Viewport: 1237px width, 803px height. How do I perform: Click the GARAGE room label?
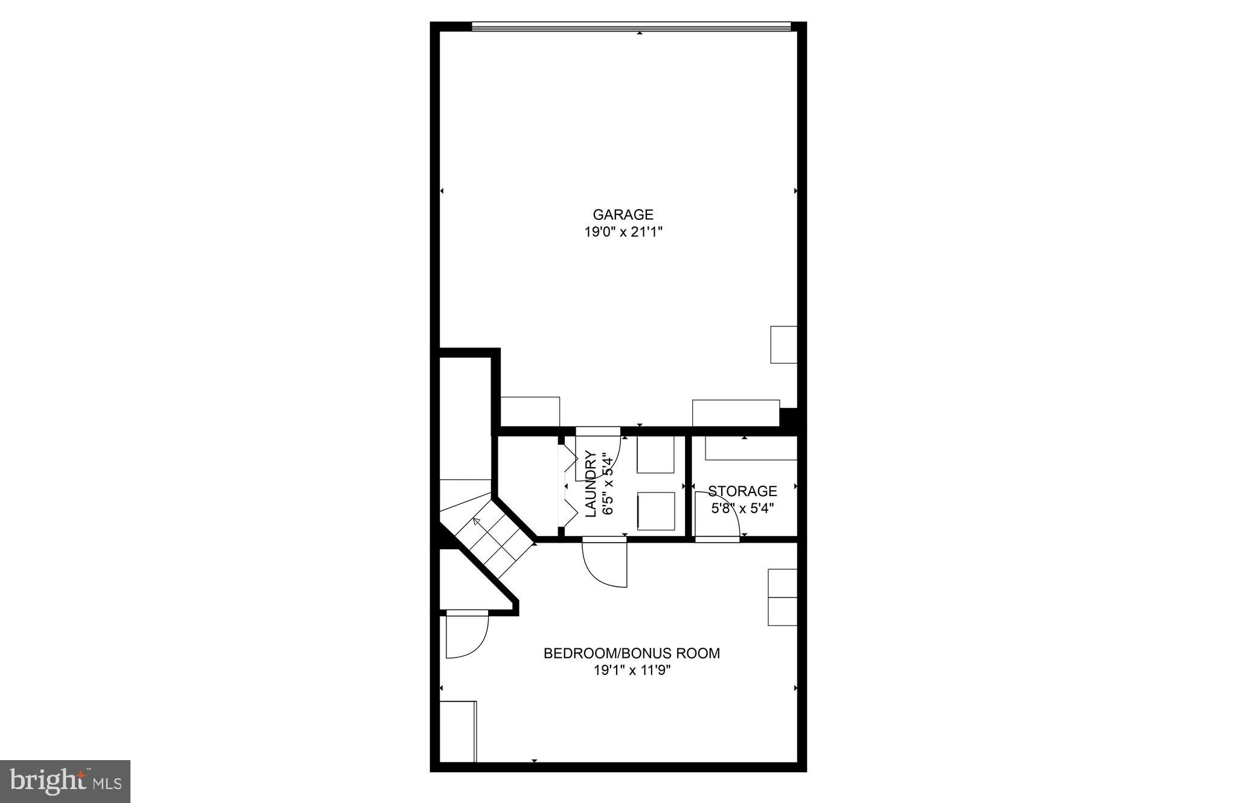point(623,214)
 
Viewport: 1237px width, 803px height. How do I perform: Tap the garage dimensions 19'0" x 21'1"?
point(623,231)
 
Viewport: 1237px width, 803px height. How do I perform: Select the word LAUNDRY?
point(591,483)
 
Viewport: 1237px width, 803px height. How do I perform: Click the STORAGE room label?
point(742,491)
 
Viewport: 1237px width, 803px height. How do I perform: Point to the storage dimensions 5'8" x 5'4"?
point(742,508)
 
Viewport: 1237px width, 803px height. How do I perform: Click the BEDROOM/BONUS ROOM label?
point(632,653)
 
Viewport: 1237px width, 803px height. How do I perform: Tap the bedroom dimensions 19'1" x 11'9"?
point(632,670)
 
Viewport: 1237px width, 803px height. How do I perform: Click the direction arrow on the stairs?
point(477,520)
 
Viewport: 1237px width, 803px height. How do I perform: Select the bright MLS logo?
point(65,781)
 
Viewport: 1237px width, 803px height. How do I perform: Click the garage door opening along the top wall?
point(631,26)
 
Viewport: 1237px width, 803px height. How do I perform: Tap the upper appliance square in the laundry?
point(656,454)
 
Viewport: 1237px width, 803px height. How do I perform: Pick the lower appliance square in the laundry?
point(656,511)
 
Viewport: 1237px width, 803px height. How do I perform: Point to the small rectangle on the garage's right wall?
point(783,344)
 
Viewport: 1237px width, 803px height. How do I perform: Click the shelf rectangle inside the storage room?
point(751,448)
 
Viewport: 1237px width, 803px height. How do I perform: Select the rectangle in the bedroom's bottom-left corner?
point(458,731)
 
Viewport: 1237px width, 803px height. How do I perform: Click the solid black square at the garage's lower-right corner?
point(789,418)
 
